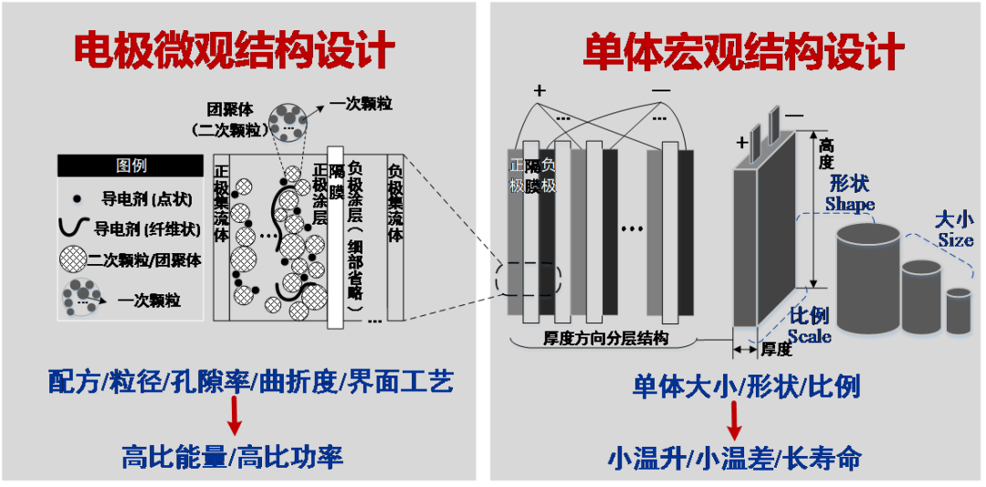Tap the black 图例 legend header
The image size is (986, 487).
[131, 165]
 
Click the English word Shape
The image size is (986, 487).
[849, 204]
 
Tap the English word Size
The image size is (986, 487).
[956, 239]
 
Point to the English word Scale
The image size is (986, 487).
[809, 335]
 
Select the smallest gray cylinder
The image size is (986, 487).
[959, 312]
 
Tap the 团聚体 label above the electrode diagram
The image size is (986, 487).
[226, 106]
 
